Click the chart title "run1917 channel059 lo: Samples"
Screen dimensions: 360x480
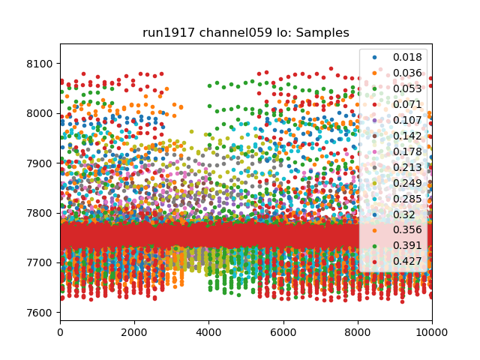[x=246, y=33]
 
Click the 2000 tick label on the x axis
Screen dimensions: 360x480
[x=134, y=333]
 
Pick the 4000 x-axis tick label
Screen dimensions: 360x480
[x=208, y=333]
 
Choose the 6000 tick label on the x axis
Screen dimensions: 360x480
[x=283, y=333]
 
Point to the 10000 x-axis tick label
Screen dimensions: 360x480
[x=431, y=333]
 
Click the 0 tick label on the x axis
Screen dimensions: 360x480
[x=60, y=333]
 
